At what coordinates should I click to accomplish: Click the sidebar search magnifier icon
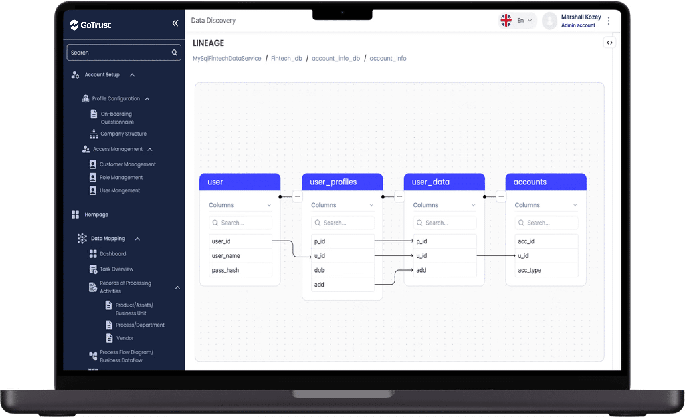[174, 53]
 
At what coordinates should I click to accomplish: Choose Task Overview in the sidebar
[116, 269]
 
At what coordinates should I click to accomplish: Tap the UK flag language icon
[506, 20]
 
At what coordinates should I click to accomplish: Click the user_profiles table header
[342, 182]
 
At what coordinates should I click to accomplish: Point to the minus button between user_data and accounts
[501, 197]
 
